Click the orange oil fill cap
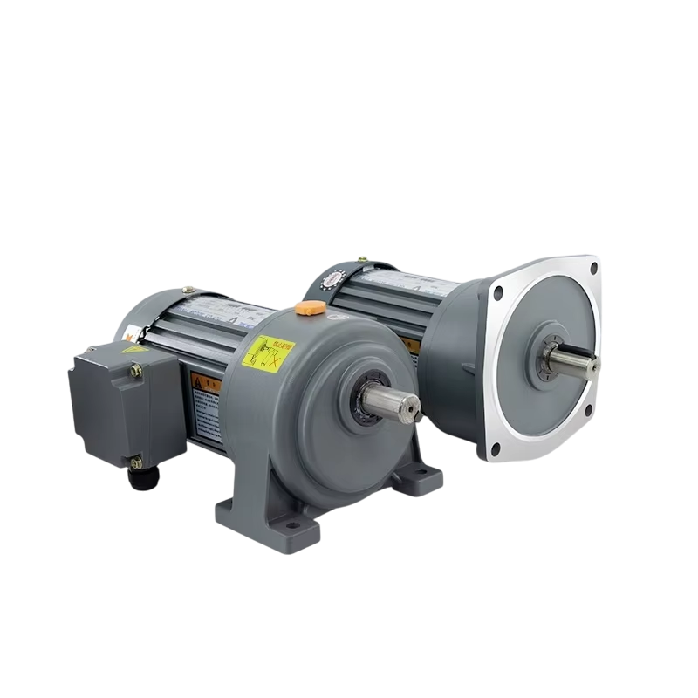click(307, 307)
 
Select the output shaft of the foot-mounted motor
click(385, 402)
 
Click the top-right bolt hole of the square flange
click(593, 268)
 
